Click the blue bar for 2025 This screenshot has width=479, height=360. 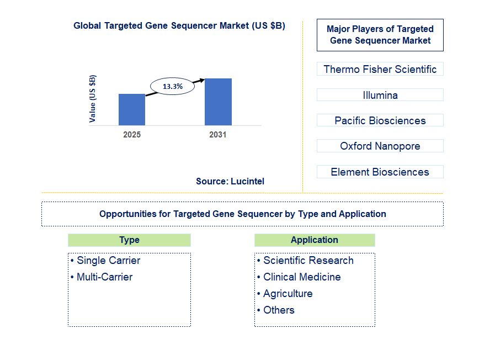[132, 109]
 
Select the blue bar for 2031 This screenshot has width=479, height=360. [218, 102]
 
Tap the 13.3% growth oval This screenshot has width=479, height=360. [173, 87]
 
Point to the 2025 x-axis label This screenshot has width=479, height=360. [132, 135]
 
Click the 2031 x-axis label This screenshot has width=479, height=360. [217, 135]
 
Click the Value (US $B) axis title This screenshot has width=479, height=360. [93, 98]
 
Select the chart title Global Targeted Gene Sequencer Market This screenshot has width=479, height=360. [179, 26]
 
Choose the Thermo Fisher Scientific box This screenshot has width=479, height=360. [380, 69]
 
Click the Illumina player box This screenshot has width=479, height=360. [380, 95]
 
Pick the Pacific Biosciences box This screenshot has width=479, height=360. [380, 120]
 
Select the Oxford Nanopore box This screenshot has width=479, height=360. [380, 146]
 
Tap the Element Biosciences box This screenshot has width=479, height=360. [380, 172]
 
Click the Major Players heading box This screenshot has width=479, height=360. [380, 35]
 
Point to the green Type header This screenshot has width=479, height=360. [129, 240]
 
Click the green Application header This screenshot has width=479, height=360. [315, 240]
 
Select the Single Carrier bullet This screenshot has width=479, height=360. [108, 261]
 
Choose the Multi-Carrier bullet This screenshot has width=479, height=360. [104, 277]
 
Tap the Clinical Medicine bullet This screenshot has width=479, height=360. [301, 277]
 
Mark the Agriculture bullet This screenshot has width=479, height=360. [288, 294]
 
